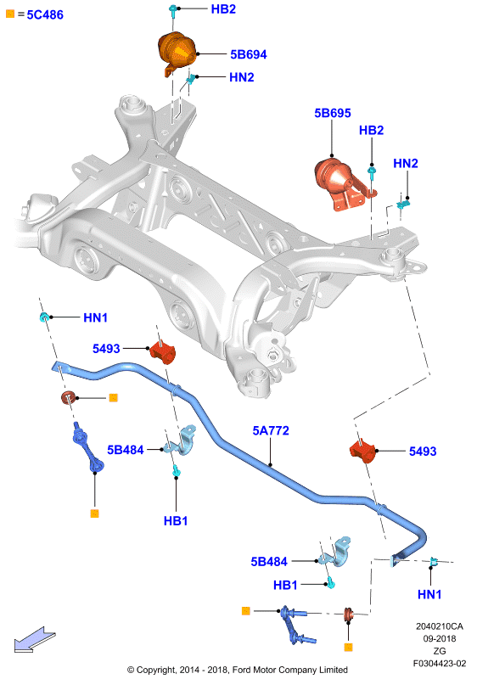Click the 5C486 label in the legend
(45, 14)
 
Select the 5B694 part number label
(249, 54)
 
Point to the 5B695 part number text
(333, 113)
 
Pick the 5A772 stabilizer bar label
(271, 430)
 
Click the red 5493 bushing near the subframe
(162, 352)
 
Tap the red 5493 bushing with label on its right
(362, 452)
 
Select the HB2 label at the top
(223, 9)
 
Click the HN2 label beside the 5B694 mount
(242, 77)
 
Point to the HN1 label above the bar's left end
(95, 317)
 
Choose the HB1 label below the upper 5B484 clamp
(176, 520)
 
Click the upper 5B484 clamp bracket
(181, 441)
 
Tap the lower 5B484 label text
(269, 562)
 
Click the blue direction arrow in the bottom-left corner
(35, 639)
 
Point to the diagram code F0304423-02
(440, 664)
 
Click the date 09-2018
(440, 639)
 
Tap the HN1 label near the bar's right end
(429, 594)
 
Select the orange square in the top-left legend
(10, 14)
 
